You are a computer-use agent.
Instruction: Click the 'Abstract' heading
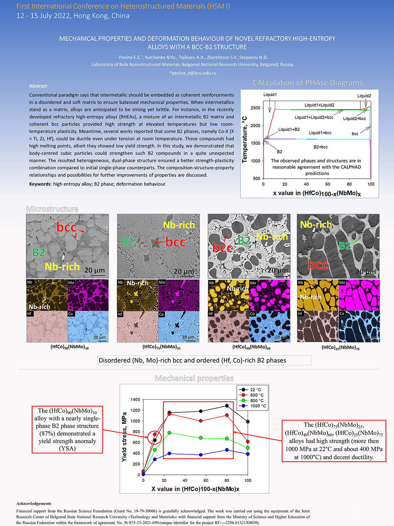point(38,86)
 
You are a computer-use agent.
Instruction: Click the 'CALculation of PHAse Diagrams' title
point(308,83)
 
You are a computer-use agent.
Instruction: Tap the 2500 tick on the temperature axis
point(255,108)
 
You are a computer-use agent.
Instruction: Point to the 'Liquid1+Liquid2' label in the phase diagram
point(319,105)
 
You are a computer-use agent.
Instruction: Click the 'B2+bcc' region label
point(320,147)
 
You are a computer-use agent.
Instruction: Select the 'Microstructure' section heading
point(52,209)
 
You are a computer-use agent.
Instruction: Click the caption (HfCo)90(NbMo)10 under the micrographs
point(69,347)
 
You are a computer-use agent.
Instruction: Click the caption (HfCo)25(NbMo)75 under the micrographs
point(340,347)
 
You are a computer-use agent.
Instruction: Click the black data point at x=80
point(227,406)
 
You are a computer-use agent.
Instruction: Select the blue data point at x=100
point(248,454)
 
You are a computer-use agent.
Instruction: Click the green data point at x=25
point(169,433)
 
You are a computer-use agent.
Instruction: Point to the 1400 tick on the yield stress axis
point(135,400)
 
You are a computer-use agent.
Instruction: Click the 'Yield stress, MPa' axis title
point(124,437)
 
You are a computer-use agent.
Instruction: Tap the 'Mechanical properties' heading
point(194,378)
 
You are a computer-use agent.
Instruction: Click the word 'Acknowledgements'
point(34,503)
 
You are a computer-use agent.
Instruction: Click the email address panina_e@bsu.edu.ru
point(193,73)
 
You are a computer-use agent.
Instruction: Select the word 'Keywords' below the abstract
point(40,184)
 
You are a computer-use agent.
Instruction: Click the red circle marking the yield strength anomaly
point(155,437)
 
